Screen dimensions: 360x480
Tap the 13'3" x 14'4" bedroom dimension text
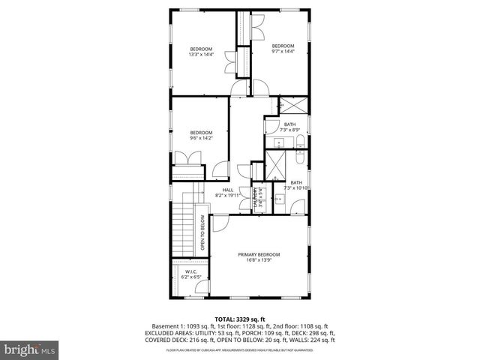coord(201,54)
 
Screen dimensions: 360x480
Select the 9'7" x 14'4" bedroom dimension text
coord(282,51)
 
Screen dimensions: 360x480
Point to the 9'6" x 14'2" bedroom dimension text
coord(201,138)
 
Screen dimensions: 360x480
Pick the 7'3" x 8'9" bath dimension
coord(289,130)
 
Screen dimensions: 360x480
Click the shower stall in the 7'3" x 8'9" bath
coord(289,106)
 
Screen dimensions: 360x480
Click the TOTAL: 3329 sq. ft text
coord(239,318)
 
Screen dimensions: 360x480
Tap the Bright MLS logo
coord(29,350)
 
